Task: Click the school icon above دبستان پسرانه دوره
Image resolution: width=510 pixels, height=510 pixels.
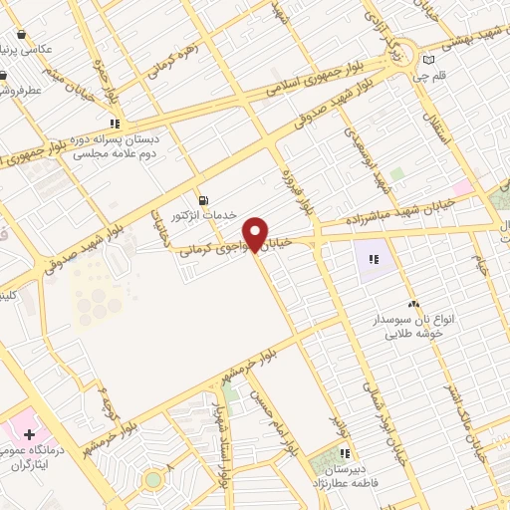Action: (x=115, y=125)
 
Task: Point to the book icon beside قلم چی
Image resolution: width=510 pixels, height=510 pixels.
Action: (x=429, y=59)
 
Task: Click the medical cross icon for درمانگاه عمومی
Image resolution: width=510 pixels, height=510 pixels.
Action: (x=30, y=435)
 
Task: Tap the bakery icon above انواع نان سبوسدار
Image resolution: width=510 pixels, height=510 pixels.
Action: (x=413, y=303)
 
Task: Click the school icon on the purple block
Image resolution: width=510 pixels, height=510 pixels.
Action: (x=374, y=259)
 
